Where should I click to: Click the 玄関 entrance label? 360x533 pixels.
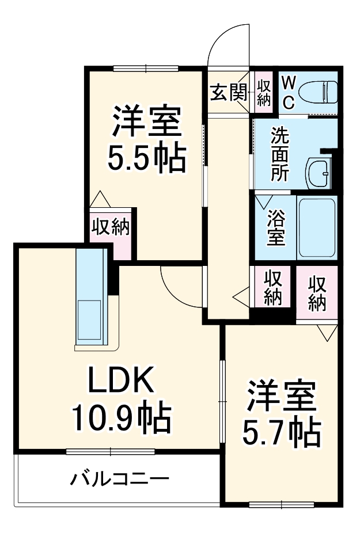(229, 92)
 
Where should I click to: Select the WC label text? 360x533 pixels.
(289, 92)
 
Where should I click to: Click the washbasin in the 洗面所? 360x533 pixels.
(319, 171)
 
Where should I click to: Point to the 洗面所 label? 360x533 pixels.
(280, 154)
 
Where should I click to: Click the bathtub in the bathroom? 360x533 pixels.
(316, 227)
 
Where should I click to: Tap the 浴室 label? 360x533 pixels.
(276, 228)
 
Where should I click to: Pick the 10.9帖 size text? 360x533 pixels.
(120, 418)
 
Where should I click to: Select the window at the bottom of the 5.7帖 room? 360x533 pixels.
(282, 505)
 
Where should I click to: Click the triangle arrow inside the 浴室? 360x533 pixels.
(264, 201)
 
